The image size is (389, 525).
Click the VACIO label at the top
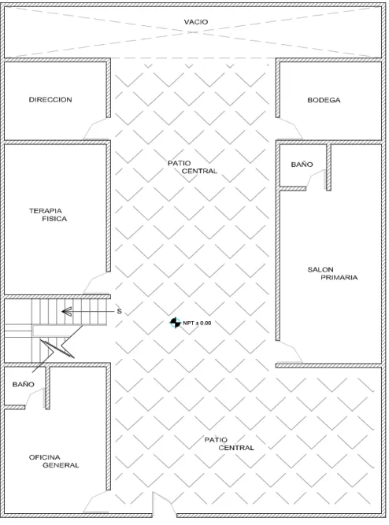pos(195,22)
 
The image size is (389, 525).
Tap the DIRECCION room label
pos(50,99)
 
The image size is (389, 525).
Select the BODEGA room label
pos(324,100)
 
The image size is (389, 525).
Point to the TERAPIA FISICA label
pos(48,215)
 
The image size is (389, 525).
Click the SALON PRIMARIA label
pos(332,273)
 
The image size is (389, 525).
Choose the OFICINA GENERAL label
pos(54,461)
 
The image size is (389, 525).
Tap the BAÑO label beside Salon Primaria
pos(302,164)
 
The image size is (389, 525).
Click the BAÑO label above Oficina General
pos(23,384)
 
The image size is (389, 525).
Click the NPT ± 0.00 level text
pos(197,323)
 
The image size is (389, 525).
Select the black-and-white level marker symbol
pos(175,323)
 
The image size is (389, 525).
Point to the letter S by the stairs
pos(119,312)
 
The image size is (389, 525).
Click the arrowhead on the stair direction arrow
pos(66,312)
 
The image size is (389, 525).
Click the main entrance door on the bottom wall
pos(164,502)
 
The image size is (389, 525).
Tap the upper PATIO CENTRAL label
pos(192,167)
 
